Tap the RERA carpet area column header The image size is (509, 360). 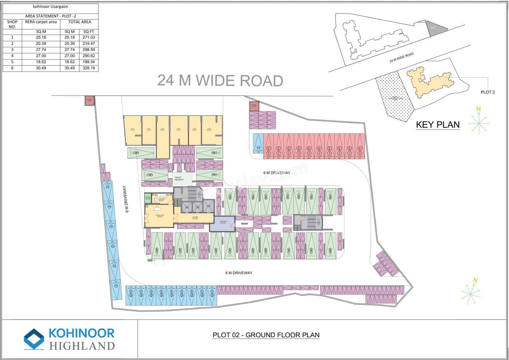point(41,22)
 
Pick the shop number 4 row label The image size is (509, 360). point(12,56)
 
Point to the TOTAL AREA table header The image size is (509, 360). point(80,22)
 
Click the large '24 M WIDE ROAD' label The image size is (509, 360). point(220,80)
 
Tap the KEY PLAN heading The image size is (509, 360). point(437,125)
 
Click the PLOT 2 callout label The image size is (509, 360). point(488,92)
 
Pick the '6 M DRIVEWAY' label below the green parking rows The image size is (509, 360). point(239,273)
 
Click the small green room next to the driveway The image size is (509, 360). point(148,198)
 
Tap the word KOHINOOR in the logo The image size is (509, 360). point(81,333)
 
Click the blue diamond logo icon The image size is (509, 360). point(34,339)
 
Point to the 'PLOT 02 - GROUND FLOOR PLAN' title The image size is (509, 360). point(266,335)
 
